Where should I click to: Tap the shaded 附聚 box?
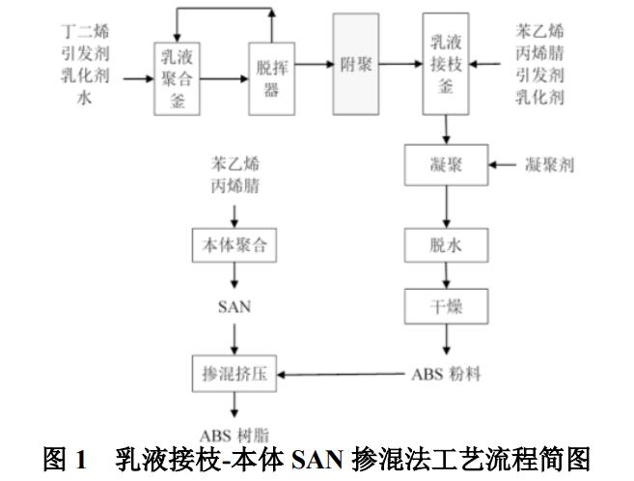coord(356,65)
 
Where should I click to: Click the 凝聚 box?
coord(446,165)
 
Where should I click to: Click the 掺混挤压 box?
coord(234,374)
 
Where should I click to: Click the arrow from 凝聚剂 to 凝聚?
coord(502,166)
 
